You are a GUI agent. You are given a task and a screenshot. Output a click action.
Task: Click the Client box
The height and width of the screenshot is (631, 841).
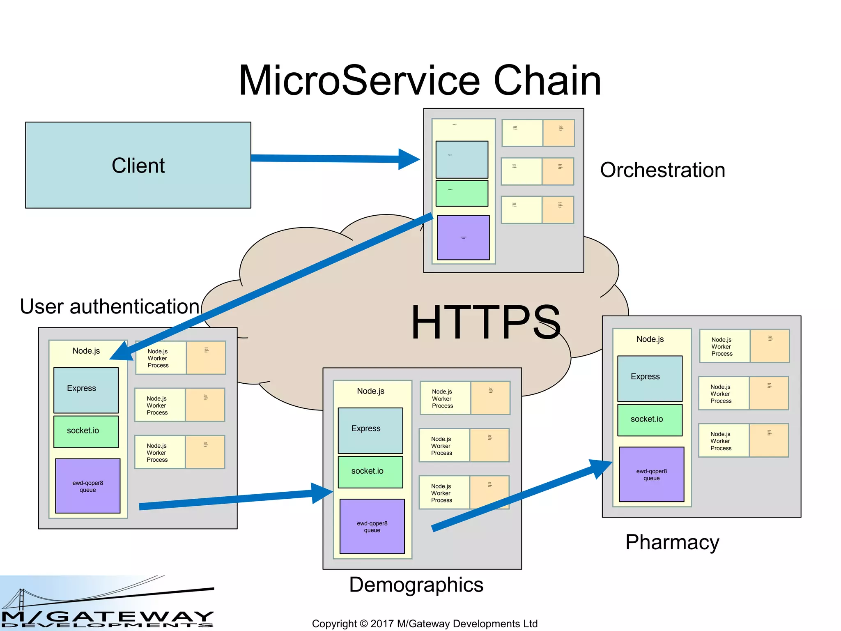coord(138,165)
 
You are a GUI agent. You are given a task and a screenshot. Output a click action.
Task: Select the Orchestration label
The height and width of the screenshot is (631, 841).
coord(662,170)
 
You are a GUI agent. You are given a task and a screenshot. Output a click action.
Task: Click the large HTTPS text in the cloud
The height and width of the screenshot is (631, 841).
coord(486,322)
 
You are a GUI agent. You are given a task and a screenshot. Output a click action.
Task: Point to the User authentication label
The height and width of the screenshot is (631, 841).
coord(110,306)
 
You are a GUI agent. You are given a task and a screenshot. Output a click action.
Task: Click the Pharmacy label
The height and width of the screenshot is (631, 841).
coord(672,542)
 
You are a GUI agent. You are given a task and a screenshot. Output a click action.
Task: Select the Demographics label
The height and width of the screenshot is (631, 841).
coord(416,585)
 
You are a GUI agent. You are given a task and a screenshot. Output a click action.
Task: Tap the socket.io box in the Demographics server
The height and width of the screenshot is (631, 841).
coord(370,472)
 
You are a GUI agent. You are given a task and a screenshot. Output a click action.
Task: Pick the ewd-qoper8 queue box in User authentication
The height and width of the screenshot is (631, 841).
coord(87,486)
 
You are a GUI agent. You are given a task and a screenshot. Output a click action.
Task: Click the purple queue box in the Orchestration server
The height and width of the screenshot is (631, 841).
coord(463,237)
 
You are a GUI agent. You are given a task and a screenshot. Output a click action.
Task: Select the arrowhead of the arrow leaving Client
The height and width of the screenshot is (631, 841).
coord(409,159)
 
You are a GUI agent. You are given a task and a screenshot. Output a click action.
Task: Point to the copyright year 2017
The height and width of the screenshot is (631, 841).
coord(381,624)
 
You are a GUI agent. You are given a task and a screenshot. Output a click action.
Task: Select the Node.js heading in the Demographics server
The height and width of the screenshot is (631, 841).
coord(370,391)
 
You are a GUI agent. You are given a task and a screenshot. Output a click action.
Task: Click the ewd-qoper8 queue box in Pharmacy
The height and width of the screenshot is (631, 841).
coord(651,474)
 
